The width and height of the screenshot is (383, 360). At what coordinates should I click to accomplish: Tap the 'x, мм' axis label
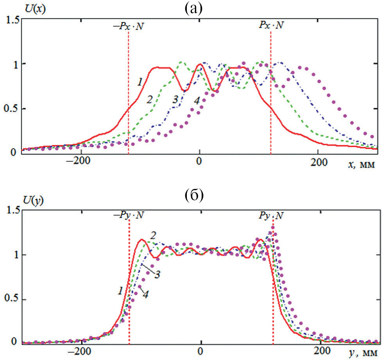[360, 166]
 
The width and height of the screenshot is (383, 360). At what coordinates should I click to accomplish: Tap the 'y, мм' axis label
[360, 354]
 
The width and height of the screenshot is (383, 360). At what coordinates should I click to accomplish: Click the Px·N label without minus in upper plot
[271, 26]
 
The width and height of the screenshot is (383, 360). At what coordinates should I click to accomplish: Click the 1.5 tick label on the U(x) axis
[11, 20]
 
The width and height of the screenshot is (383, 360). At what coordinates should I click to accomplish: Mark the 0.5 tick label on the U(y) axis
[11, 300]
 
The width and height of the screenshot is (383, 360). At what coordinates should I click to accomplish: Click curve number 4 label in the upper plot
[197, 101]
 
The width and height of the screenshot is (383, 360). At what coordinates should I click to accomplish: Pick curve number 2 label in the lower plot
[153, 235]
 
